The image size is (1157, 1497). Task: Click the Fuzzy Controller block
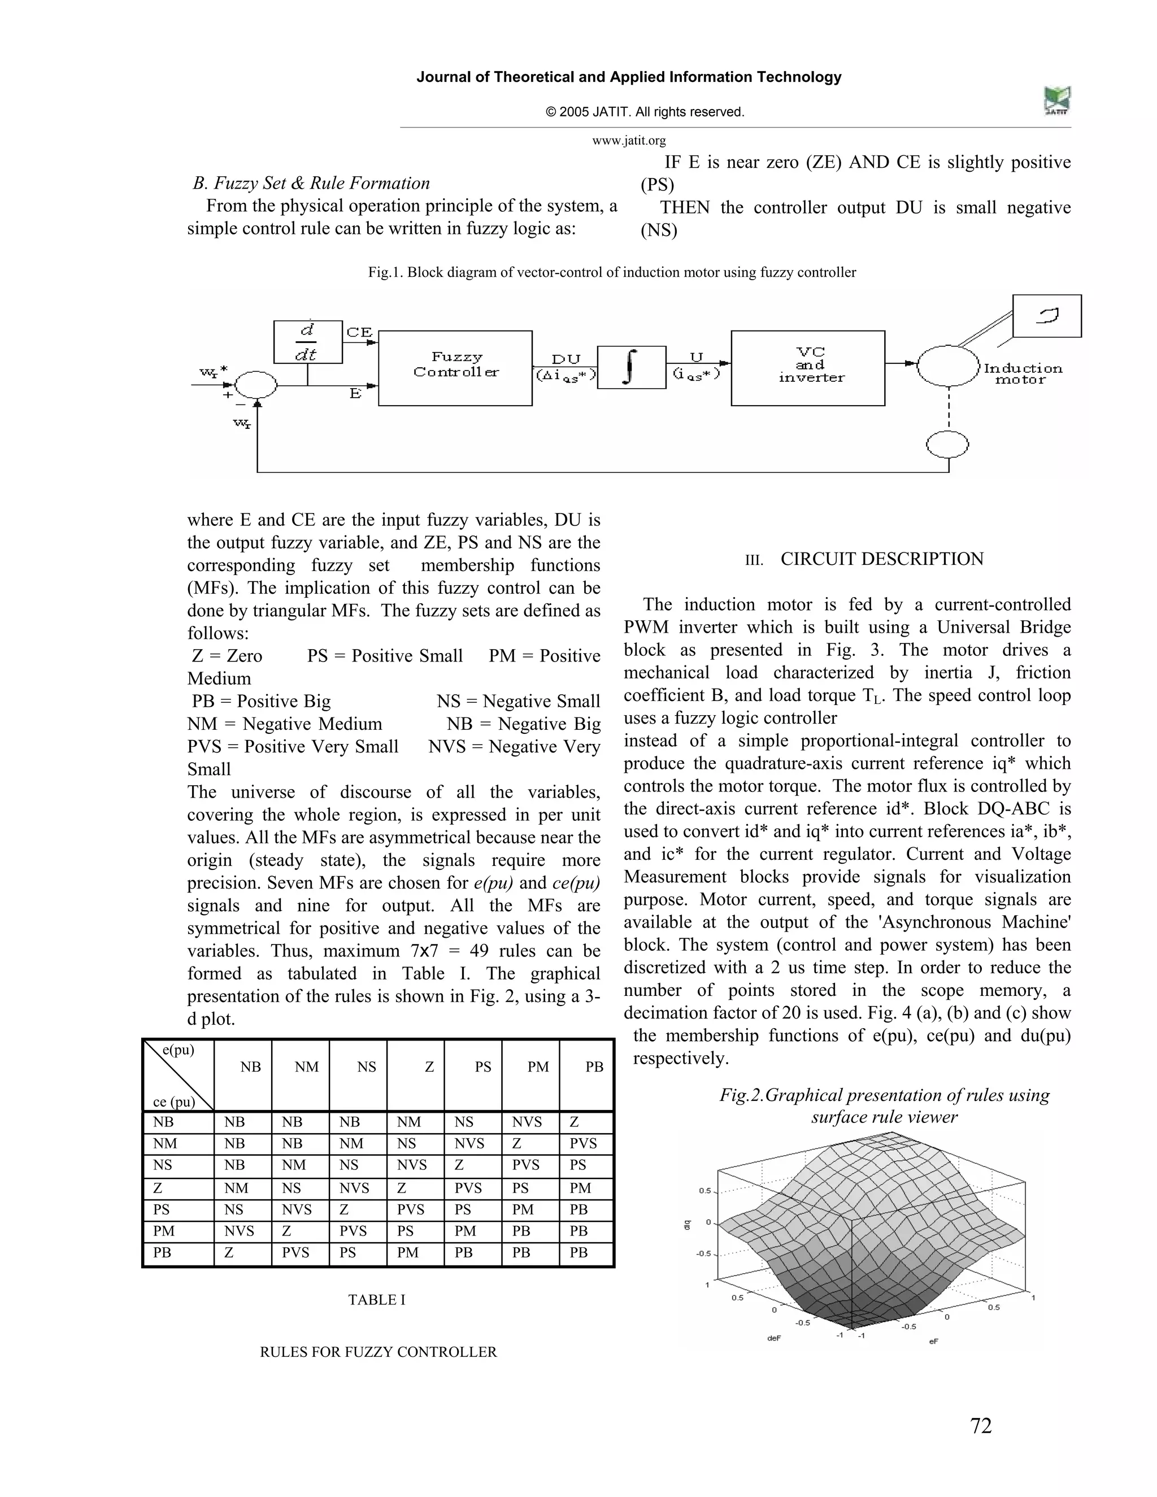455,368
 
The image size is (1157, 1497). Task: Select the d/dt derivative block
307,341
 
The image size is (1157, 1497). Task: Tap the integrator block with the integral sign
631,367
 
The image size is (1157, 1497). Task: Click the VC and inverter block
807,368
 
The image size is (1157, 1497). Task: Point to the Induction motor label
1022,373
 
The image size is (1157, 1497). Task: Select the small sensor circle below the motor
947,445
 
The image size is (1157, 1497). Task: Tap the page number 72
981,1426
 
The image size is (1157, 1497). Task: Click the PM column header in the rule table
538,1067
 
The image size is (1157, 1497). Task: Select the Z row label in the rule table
158,1188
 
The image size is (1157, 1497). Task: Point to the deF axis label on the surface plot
774,1337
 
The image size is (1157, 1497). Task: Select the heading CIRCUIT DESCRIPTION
881,559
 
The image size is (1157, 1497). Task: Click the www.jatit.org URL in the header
629,141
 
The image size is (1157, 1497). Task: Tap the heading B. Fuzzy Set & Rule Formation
311,183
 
